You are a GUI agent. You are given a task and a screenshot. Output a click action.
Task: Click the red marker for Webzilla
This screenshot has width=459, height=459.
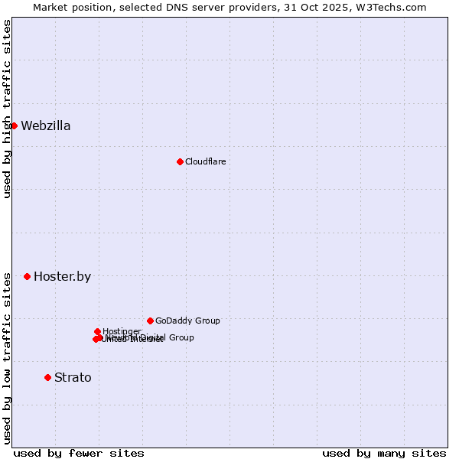pyautogui.click(x=14, y=125)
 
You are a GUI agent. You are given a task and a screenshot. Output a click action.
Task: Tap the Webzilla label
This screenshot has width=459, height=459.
pyautogui.click(x=46, y=126)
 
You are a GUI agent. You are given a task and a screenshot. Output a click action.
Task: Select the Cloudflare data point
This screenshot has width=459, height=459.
pyautogui.click(x=180, y=161)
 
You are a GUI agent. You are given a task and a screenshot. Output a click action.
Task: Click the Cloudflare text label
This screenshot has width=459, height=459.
pyautogui.click(x=206, y=161)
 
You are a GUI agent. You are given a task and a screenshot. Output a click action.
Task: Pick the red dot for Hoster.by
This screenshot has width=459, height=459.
pyautogui.click(x=27, y=276)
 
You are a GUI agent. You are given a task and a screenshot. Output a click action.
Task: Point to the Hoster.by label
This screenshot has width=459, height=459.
pyautogui.click(x=62, y=277)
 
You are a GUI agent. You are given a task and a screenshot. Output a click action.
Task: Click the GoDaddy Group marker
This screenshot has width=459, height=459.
pyautogui.click(x=150, y=321)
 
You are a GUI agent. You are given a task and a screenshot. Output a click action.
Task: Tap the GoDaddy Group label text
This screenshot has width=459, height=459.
pyautogui.click(x=187, y=321)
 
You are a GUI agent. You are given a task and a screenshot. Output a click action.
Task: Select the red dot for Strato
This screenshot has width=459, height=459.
pyautogui.click(x=47, y=377)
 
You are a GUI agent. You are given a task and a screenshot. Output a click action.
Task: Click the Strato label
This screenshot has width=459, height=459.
pyautogui.click(x=73, y=378)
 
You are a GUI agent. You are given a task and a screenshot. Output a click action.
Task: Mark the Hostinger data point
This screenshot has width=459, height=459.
pyautogui.click(x=97, y=331)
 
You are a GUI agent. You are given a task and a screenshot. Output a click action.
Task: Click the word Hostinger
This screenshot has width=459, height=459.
pyautogui.click(x=122, y=331)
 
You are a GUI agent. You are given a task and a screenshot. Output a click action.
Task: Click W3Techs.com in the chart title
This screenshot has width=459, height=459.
pyautogui.click(x=391, y=7)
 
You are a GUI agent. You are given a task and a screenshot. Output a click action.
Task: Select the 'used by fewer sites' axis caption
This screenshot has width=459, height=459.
pyautogui.click(x=79, y=454)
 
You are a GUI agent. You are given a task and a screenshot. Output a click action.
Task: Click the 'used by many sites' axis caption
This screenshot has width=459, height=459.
pyautogui.click(x=384, y=454)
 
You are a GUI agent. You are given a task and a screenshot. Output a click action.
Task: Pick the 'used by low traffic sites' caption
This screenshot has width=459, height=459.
pyautogui.click(x=7, y=358)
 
